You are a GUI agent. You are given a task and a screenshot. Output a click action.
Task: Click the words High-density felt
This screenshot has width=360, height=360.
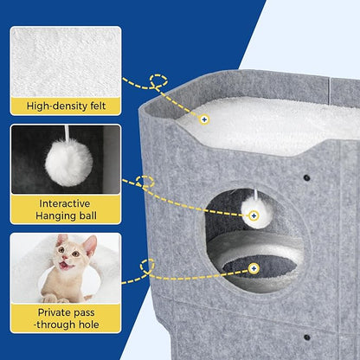point(66,107)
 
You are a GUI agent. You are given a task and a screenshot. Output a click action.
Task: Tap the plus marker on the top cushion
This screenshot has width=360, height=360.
point(204,119)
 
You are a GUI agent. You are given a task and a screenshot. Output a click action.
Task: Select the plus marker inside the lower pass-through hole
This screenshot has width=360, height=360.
point(254,268)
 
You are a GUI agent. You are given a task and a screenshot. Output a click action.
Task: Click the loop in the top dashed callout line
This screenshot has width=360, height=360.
point(157,81)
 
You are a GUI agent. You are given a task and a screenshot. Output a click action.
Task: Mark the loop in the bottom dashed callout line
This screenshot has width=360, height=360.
point(148,265)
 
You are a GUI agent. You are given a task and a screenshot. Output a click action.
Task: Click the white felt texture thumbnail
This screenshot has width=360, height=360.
point(66,61)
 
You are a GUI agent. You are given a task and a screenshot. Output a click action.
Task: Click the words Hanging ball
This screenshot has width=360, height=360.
point(66,216)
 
